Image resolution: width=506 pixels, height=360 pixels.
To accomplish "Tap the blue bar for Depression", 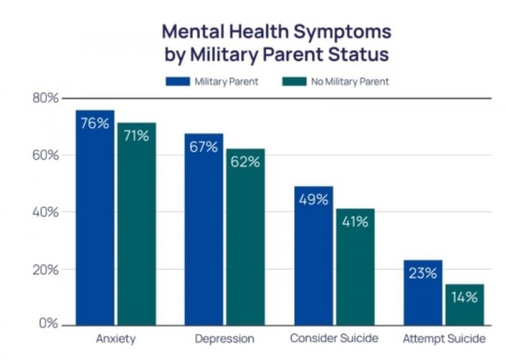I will (204, 238).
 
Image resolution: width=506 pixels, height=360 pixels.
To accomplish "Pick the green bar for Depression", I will (245, 243).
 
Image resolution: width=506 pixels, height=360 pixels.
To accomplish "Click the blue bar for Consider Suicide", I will (314, 263).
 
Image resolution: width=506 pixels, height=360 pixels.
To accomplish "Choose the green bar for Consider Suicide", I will (355, 273).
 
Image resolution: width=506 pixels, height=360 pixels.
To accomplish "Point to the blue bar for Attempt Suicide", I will (423, 299).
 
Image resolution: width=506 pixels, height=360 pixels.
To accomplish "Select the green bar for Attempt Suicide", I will (465, 309).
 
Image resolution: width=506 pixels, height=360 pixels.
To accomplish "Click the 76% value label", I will (95, 123).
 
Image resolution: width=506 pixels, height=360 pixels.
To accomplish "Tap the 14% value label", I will (465, 297).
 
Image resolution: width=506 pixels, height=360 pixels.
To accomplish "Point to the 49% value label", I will (314, 199).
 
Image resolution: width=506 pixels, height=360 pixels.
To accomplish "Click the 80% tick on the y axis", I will (46, 98).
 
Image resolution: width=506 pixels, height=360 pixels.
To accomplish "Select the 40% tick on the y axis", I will (46, 212).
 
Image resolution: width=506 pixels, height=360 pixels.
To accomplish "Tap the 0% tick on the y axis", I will (49, 324).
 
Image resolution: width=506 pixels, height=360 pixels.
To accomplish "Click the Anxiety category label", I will (116, 339).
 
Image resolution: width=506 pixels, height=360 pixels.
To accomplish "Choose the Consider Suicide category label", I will (334, 338).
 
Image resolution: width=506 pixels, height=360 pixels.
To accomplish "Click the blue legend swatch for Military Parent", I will (178, 82).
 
